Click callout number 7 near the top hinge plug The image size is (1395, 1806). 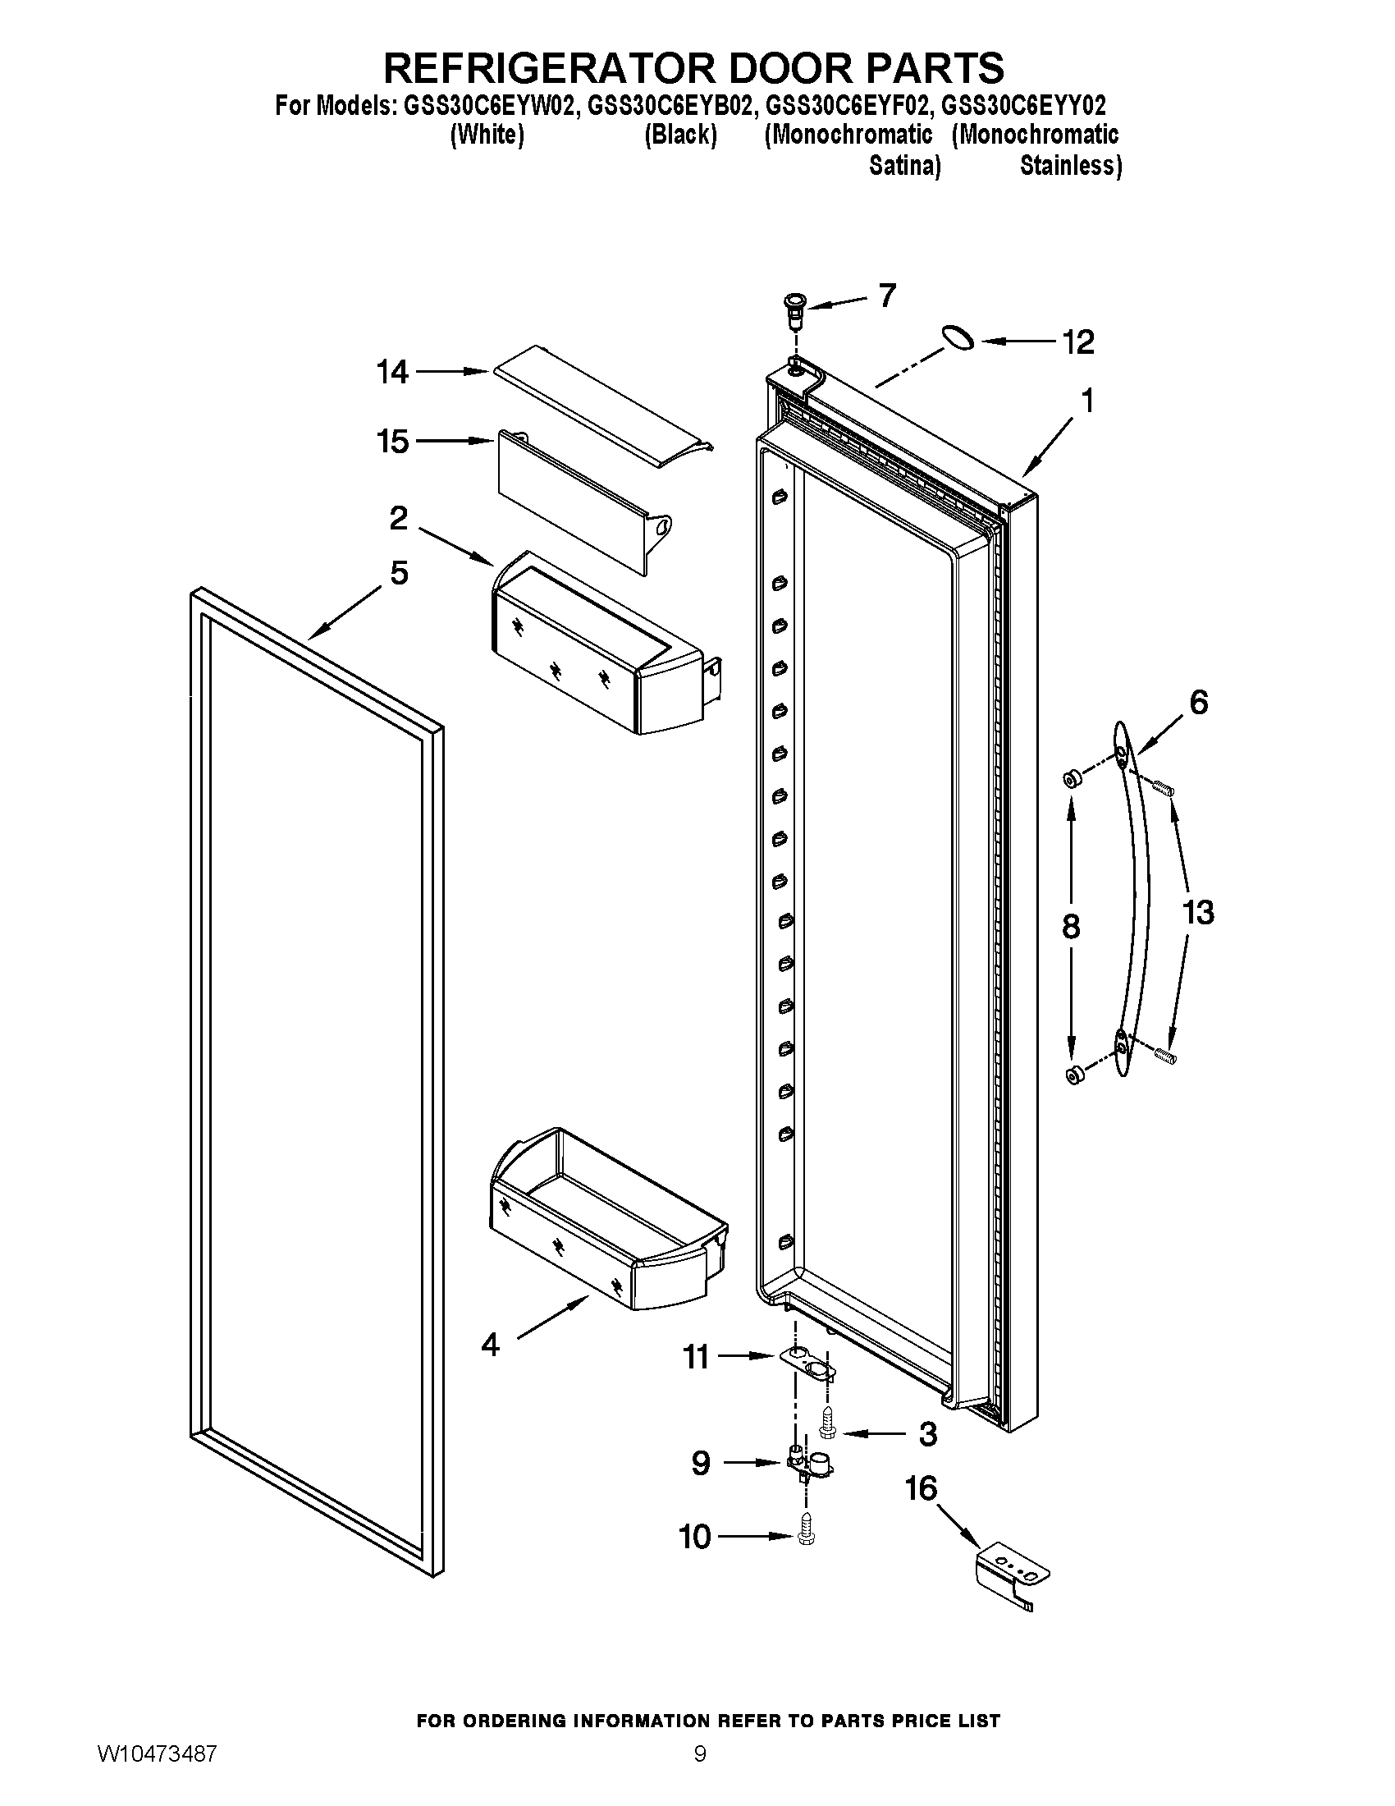(887, 296)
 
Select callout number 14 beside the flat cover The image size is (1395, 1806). (392, 372)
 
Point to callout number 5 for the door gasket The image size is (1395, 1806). (399, 572)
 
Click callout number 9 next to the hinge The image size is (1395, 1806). (700, 1464)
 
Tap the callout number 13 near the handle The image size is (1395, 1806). (1197, 913)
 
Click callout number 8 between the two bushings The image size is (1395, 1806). (1071, 927)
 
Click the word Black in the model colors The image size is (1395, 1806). (680, 135)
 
